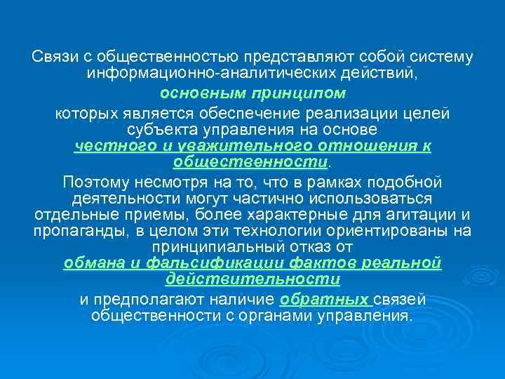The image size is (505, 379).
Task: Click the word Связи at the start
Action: [x=52, y=55]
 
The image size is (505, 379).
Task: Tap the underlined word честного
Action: [x=108, y=147]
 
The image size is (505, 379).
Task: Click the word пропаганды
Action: [x=74, y=231]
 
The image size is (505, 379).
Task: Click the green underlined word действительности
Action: [x=252, y=279]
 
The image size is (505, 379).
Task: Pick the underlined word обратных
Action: [x=323, y=300]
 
